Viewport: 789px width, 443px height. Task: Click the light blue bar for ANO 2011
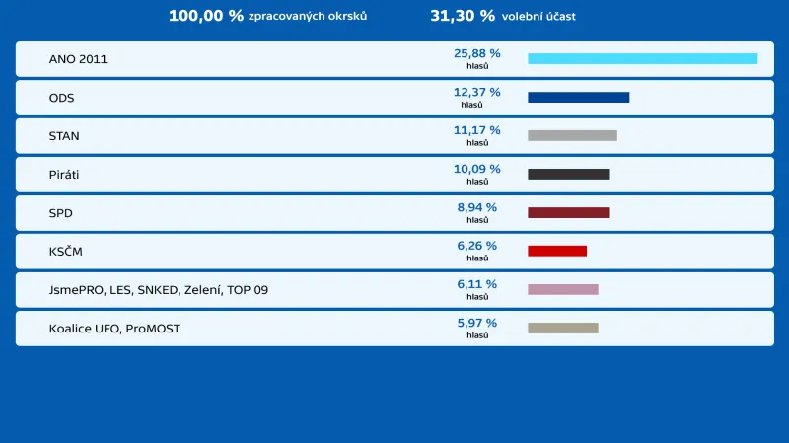click(642, 59)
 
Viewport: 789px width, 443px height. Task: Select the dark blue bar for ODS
click(578, 98)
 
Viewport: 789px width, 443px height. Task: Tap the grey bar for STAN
click(572, 136)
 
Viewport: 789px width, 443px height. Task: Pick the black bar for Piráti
click(568, 175)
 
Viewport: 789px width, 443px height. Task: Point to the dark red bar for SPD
click(568, 213)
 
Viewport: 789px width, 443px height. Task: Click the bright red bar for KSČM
click(557, 252)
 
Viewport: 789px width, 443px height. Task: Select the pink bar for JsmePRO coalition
click(563, 290)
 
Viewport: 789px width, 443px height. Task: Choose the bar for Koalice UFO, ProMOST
click(563, 329)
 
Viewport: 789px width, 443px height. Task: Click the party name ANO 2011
click(78, 59)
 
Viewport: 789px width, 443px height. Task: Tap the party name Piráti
click(64, 175)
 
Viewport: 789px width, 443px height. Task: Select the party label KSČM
click(66, 252)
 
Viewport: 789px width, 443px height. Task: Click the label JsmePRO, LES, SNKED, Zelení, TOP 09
click(158, 290)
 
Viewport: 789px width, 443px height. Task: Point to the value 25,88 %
click(476, 53)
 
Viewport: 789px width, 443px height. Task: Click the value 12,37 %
click(476, 92)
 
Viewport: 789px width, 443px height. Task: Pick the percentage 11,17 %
click(476, 130)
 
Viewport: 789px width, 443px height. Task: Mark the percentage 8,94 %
click(476, 207)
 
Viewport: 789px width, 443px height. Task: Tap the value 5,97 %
click(476, 323)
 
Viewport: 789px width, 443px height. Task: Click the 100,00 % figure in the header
click(205, 16)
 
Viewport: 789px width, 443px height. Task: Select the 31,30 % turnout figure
click(463, 16)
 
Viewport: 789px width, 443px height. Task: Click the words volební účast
click(539, 17)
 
